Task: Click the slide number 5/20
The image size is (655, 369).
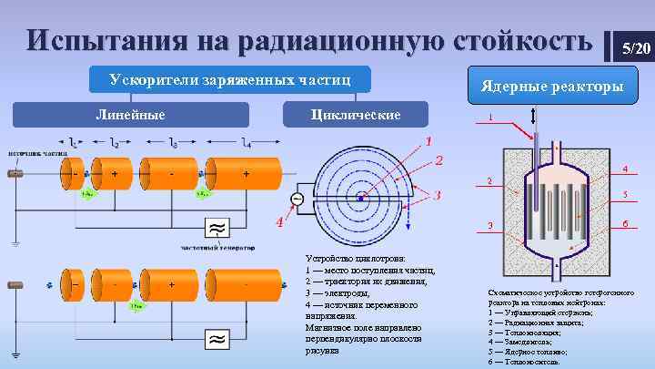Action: pyautogui.click(x=633, y=46)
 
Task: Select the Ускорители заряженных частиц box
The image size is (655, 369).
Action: pyautogui.click(x=224, y=81)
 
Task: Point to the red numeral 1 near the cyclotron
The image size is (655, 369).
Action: pyautogui.click(x=428, y=141)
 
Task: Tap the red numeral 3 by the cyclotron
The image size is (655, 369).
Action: pyautogui.click(x=438, y=195)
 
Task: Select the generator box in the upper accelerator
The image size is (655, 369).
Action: pyautogui.click(x=218, y=228)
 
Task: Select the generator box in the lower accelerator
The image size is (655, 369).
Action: pyautogui.click(x=218, y=339)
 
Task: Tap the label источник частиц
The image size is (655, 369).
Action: pyautogui.click(x=36, y=154)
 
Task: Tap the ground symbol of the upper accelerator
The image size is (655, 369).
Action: pyautogui.click(x=15, y=241)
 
